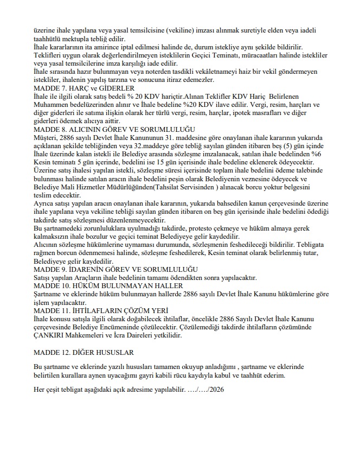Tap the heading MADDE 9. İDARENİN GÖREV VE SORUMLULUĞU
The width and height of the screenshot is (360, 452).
click(115, 270)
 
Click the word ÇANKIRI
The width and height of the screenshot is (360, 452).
click(52, 336)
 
